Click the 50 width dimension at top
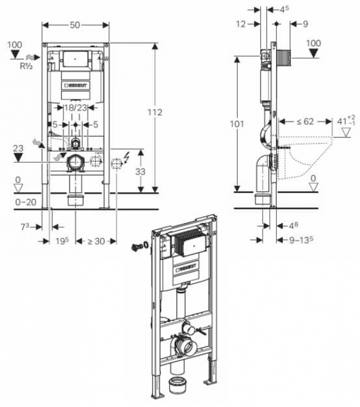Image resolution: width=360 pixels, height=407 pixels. pos(75,25)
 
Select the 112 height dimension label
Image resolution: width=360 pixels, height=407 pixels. pos(155,112)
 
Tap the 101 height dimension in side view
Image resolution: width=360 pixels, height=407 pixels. pos(237,124)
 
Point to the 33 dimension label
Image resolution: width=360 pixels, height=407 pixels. pos(140,171)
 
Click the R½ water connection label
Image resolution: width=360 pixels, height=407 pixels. pos(26,66)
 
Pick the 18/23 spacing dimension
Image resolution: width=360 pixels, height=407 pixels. pos(76,107)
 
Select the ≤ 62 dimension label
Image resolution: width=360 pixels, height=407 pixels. pos(305,121)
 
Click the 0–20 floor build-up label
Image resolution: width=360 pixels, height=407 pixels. pos(26,202)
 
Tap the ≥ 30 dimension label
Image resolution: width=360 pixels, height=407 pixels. pos(96,242)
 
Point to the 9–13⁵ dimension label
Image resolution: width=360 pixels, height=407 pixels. pos(301,240)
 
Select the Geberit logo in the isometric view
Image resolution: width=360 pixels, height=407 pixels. pos(187,267)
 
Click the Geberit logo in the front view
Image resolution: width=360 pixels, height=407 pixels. pos(76,85)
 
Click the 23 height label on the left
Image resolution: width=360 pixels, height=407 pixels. pos(18,148)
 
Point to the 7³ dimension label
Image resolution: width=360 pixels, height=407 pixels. pos(25,227)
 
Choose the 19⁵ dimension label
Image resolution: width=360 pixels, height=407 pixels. pos(62,241)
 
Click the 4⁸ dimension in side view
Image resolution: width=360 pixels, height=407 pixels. pos(294,225)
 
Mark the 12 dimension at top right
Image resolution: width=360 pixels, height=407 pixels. pos(241,24)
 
